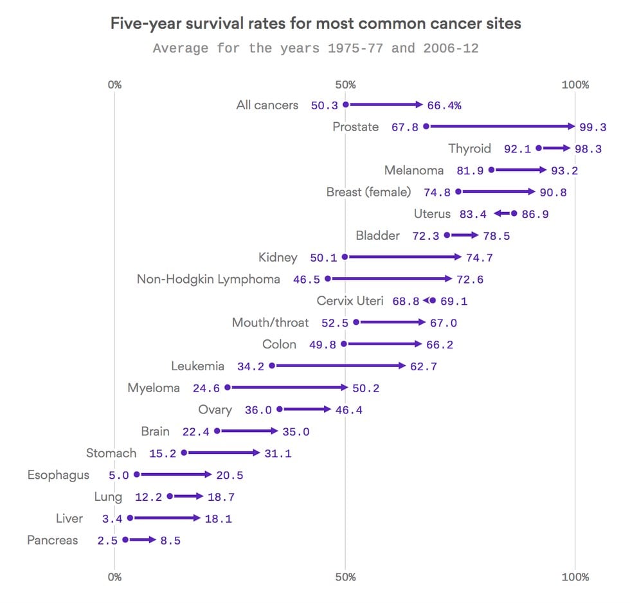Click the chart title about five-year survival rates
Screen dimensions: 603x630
tap(315, 24)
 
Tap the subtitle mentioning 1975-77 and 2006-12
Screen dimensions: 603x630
tap(315, 48)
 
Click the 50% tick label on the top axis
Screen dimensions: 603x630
tap(345, 85)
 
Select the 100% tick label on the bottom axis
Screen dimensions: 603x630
tap(575, 577)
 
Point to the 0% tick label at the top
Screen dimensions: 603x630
tap(114, 85)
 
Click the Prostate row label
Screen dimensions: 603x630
tap(355, 127)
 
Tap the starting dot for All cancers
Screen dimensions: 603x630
tap(345, 105)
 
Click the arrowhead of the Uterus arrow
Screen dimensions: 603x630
tap(497, 213)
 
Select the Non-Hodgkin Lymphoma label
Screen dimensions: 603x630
tap(208, 279)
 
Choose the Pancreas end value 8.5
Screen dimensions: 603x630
tap(170, 541)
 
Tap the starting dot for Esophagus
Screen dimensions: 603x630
tap(136, 474)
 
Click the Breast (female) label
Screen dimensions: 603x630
tap(368, 192)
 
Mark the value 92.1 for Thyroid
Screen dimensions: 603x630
tap(517, 148)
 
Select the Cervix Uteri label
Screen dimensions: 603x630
tap(350, 301)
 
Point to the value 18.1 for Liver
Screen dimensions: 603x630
tap(218, 519)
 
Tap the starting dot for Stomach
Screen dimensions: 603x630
tap(184, 453)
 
